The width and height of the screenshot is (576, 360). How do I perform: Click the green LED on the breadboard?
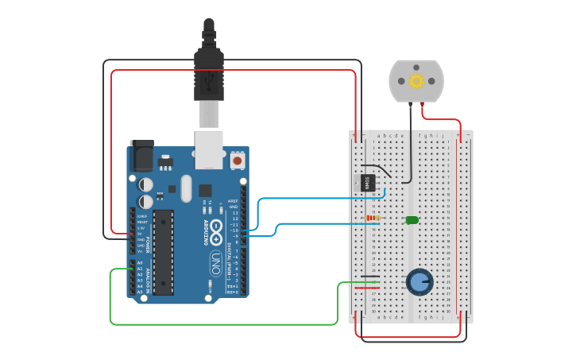click(x=412, y=219)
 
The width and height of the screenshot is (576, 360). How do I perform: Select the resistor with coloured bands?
click(x=372, y=219)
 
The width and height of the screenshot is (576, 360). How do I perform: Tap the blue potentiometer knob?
click(x=419, y=281)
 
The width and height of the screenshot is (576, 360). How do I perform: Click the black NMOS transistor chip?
click(x=368, y=182)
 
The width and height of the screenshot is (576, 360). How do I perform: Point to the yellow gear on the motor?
click(x=416, y=80)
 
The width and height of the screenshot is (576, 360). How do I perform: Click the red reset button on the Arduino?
click(x=237, y=161)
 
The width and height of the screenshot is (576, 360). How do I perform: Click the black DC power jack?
click(x=142, y=156)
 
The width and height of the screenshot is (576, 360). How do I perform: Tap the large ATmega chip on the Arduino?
click(x=163, y=252)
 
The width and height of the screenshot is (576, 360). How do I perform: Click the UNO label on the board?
click(x=215, y=262)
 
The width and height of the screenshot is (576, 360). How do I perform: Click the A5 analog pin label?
click(x=140, y=292)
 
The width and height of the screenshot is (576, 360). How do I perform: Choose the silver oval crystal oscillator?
click(x=186, y=188)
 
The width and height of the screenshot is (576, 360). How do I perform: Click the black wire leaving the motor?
click(x=410, y=143)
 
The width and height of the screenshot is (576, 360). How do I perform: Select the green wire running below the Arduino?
click(x=222, y=324)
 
